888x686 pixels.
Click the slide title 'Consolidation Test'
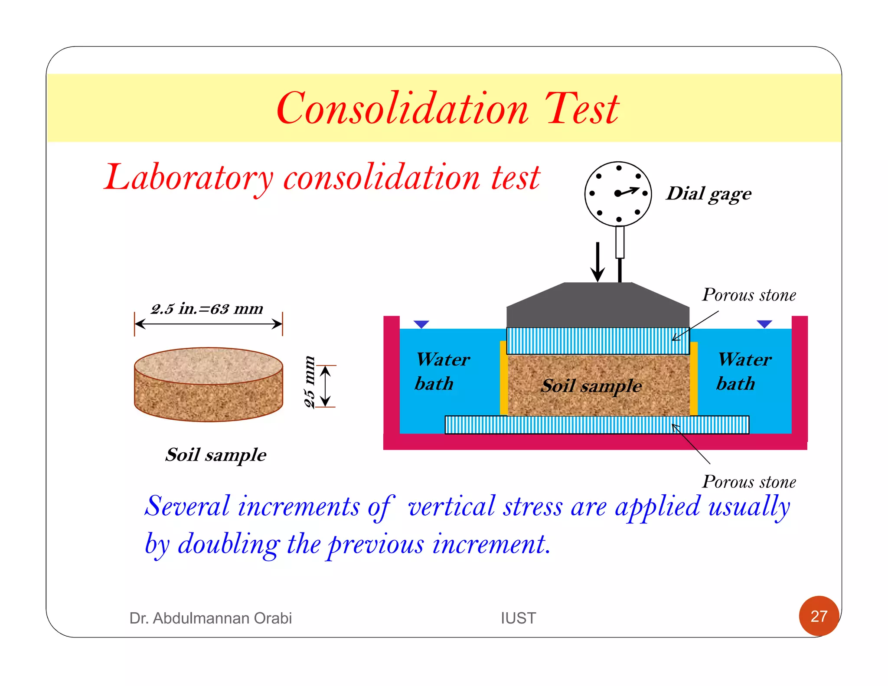[x=447, y=108]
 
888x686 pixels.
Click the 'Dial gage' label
[x=709, y=194]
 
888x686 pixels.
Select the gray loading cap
[x=597, y=306]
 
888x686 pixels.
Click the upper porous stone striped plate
[x=597, y=341]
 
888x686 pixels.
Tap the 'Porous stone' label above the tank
[x=749, y=295]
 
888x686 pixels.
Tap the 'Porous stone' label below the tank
[x=749, y=482]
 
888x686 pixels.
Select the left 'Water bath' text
[x=441, y=372]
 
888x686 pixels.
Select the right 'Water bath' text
[x=744, y=372]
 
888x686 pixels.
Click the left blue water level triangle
[x=421, y=324]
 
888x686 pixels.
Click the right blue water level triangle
[x=764, y=324]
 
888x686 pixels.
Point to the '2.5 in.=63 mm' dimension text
[x=207, y=309]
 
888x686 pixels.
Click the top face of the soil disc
[x=209, y=365]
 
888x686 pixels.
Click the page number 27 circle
[x=819, y=616]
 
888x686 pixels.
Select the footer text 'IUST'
[x=518, y=618]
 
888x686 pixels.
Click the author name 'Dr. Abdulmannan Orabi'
[x=210, y=618]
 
